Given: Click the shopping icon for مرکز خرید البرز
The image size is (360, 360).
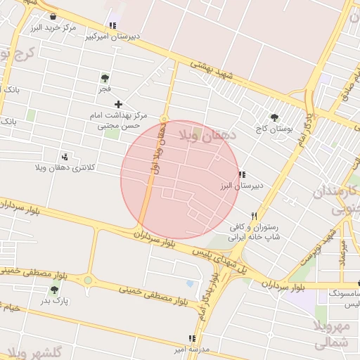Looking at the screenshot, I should (53, 16).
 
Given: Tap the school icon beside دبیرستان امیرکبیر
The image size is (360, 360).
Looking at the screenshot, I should (112, 25).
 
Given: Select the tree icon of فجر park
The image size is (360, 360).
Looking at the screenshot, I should (105, 78).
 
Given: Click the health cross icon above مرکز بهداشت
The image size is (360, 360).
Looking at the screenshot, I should (118, 104).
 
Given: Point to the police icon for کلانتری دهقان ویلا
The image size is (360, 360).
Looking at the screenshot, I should (65, 157).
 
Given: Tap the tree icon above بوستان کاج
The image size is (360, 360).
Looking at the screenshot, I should (274, 118).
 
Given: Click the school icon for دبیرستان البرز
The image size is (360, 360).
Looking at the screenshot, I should (242, 174).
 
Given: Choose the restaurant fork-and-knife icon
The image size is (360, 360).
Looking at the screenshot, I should (254, 217).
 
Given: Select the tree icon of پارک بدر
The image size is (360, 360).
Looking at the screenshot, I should (54, 289).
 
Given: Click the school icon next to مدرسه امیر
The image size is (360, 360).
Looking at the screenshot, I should (192, 338).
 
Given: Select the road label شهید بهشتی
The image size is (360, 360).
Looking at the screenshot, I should (211, 73).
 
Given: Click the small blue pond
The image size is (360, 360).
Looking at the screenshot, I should (190, 284).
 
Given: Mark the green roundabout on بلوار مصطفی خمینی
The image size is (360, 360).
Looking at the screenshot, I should (87, 281).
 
